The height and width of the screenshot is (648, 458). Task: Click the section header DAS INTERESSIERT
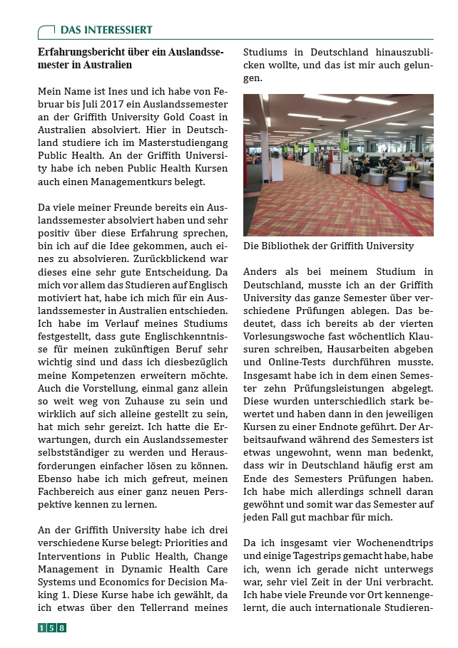click(x=106, y=30)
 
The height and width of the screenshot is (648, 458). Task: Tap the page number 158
click(x=52, y=628)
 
